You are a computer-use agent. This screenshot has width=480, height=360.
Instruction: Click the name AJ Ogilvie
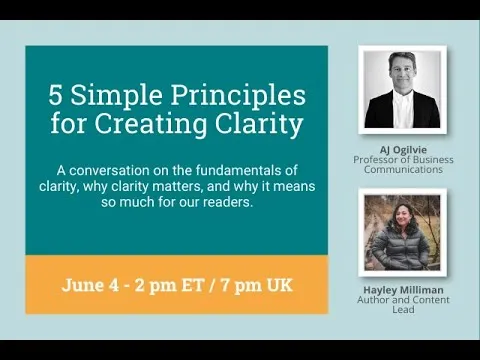pyautogui.click(x=402, y=149)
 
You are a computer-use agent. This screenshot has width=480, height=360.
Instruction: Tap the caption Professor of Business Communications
pyautogui.click(x=403, y=165)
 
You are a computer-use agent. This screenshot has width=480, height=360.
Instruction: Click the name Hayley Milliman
pyautogui.click(x=402, y=290)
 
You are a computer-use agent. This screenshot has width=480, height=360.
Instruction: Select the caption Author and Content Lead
pyautogui.click(x=402, y=305)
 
